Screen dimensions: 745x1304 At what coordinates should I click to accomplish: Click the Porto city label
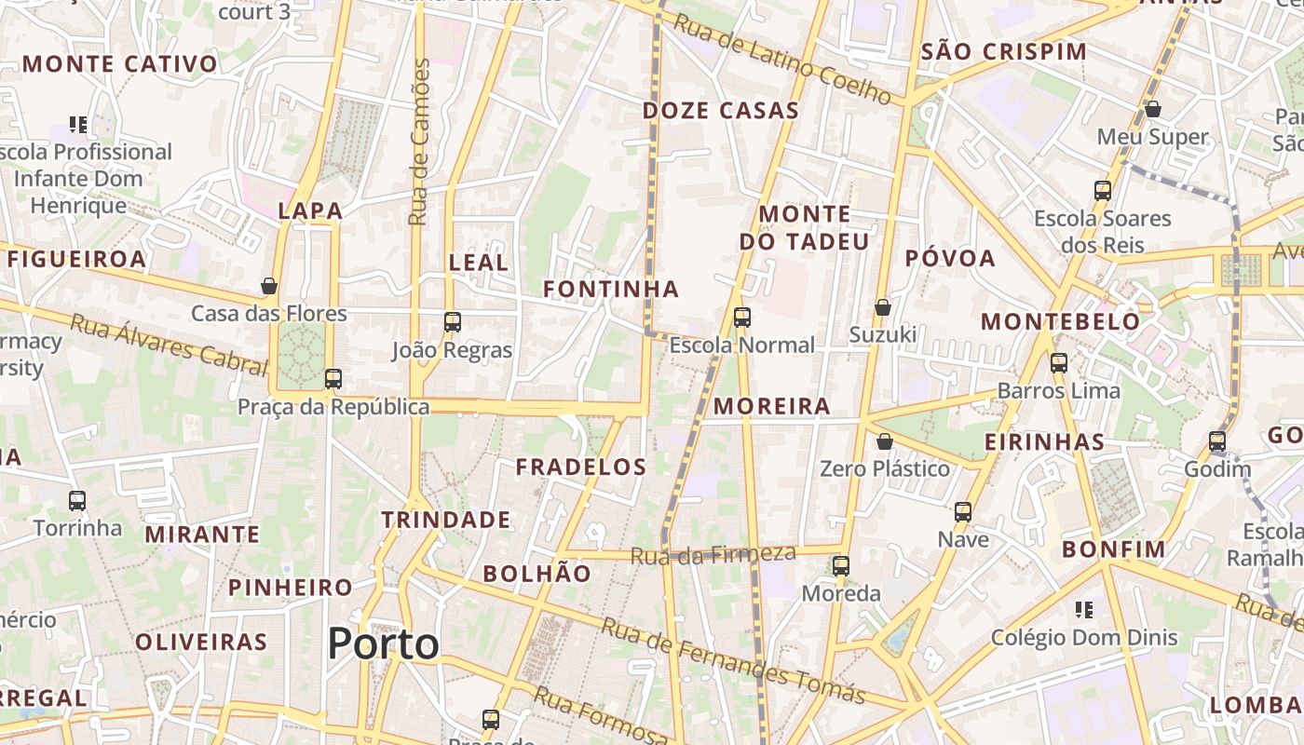click(x=383, y=643)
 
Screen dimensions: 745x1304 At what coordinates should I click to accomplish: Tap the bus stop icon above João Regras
click(x=453, y=322)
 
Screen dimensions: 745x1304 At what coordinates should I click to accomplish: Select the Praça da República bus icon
click(x=333, y=379)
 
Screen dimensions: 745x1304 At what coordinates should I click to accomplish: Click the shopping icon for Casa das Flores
click(x=269, y=286)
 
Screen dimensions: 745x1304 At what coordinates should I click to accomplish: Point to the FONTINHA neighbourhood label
click(x=611, y=290)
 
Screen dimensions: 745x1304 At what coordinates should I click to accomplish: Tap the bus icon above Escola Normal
click(x=742, y=318)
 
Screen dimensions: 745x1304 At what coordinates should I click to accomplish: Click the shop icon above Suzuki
click(x=883, y=307)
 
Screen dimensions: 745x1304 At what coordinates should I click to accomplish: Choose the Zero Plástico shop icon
click(x=885, y=441)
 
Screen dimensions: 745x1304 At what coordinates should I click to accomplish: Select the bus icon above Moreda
click(x=841, y=565)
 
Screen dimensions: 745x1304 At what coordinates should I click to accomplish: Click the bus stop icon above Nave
click(x=963, y=511)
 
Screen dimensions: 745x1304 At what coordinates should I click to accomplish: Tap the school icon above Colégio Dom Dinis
click(x=1083, y=610)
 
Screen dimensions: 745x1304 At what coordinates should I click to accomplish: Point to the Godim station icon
click(x=1217, y=441)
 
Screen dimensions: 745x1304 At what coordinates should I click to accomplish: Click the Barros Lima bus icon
click(x=1059, y=363)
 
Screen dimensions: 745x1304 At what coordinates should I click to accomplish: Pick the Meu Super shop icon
click(x=1152, y=110)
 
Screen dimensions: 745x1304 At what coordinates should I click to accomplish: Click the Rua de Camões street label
click(x=419, y=142)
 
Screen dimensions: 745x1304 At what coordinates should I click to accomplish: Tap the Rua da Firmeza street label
click(x=713, y=555)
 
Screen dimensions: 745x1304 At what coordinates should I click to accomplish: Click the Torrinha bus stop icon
click(x=77, y=501)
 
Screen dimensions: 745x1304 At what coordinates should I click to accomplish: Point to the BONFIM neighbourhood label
click(x=1114, y=549)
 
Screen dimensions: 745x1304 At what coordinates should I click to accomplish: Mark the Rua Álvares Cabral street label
click(x=169, y=345)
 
